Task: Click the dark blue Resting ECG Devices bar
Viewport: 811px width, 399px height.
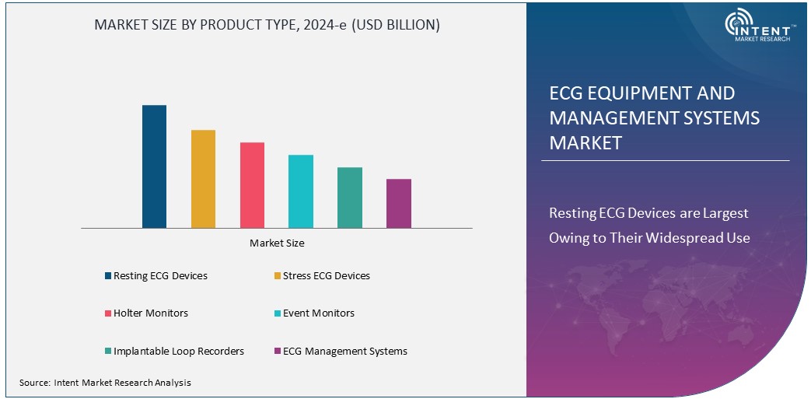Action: (154, 166)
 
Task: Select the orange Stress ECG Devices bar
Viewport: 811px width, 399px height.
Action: (203, 179)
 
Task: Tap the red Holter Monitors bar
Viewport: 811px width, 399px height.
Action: (252, 185)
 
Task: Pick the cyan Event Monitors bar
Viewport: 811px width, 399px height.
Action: (301, 191)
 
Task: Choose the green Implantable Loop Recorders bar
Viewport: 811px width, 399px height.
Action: (350, 198)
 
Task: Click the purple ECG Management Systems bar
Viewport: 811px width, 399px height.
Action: (399, 204)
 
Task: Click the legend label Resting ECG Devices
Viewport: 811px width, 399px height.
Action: (160, 276)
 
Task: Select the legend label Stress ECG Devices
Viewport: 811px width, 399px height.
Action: (326, 276)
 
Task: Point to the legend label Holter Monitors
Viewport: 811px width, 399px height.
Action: (151, 313)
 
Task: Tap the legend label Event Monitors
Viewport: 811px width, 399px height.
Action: (318, 313)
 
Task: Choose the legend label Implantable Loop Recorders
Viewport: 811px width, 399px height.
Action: (179, 352)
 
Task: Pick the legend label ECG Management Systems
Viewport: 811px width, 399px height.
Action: (344, 352)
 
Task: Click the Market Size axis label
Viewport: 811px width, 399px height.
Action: (277, 243)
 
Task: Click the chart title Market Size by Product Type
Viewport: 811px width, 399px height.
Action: (267, 25)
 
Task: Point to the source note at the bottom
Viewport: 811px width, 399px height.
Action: (105, 383)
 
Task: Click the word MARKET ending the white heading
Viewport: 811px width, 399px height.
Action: (586, 143)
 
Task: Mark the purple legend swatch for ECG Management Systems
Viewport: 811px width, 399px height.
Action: (276, 352)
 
